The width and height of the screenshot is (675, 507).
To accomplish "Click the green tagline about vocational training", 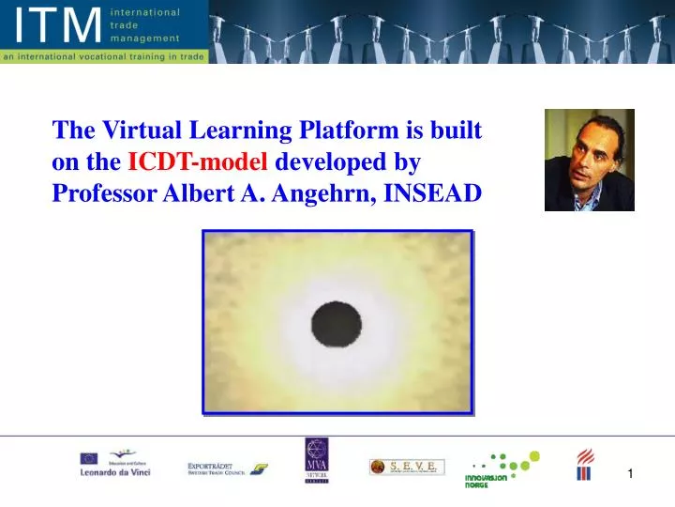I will pyautogui.click(x=102, y=56).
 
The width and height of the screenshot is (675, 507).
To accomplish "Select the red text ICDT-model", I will pyautogui.click(x=199, y=161).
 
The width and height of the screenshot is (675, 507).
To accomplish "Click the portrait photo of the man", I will pyautogui.click(x=589, y=160).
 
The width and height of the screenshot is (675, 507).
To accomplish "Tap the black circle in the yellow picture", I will pyautogui.click(x=337, y=325).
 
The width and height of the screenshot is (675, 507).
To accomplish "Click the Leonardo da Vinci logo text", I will pyautogui.click(x=114, y=472).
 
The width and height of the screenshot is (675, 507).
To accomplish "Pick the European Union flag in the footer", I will pyautogui.click(x=89, y=458).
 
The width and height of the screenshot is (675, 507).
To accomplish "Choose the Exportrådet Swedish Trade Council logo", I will pyautogui.click(x=224, y=467).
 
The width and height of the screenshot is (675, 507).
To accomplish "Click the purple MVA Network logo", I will pyautogui.click(x=316, y=461).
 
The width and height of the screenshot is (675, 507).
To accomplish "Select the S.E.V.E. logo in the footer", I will pyautogui.click(x=407, y=467).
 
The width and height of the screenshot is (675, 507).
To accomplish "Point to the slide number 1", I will pyautogui.click(x=631, y=474).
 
